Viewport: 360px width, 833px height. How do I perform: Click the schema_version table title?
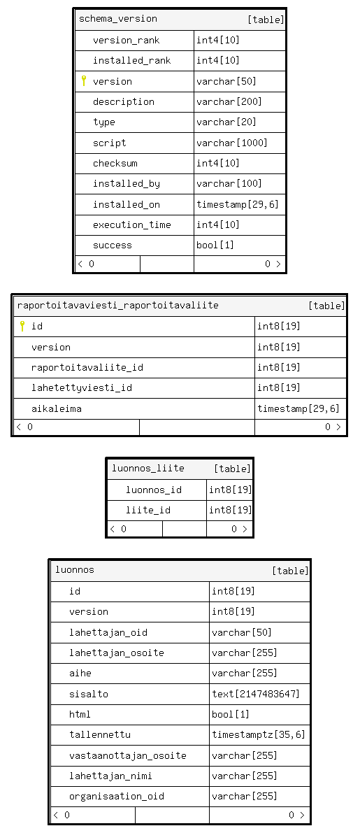118,19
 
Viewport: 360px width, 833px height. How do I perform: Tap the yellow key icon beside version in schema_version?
83,80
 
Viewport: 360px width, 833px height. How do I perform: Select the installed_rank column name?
131,61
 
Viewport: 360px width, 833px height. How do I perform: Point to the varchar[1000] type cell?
232,143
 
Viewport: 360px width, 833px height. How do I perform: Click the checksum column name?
115,163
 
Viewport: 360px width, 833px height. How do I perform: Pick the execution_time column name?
131,225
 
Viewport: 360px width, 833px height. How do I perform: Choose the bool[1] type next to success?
215,245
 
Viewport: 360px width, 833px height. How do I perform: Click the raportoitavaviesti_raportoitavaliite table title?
118,306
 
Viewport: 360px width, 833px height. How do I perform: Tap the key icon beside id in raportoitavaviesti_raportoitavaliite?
22,326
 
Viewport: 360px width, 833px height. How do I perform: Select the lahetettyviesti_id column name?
82,387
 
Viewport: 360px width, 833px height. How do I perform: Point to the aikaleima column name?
57,408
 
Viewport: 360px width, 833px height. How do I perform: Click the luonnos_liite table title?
148,469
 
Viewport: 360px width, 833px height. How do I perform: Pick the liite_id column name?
148,510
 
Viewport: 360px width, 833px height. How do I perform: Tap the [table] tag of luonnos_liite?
232,469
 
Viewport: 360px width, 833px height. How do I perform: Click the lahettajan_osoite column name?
117,653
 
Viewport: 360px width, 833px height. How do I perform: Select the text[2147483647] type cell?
256,694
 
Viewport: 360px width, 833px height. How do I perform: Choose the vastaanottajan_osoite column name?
128,755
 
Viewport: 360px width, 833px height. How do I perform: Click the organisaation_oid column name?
117,797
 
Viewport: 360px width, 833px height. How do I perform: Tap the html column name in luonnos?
80,715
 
